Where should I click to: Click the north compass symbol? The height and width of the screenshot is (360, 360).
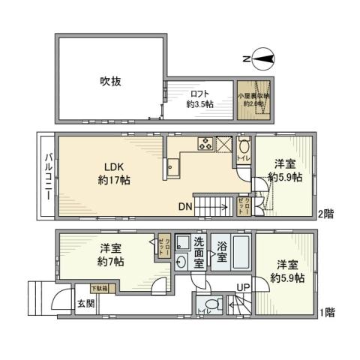pyautogui.click(x=265, y=58)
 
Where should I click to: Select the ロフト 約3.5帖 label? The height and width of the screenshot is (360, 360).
pyautogui.click(x=199, y=99)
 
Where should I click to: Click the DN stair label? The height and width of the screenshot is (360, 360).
pyautogui.click(x=187, y=206)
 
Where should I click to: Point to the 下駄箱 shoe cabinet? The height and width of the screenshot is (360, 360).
pyautogui.click(x=99, y=288)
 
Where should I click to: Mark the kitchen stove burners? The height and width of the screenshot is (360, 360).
pyautogui.click(x=205, y=144)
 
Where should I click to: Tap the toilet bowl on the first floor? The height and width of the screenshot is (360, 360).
pyautogui.click(x=214, y=305)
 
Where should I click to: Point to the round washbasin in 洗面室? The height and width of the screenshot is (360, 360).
pyautogui.click(x=181, y=262)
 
